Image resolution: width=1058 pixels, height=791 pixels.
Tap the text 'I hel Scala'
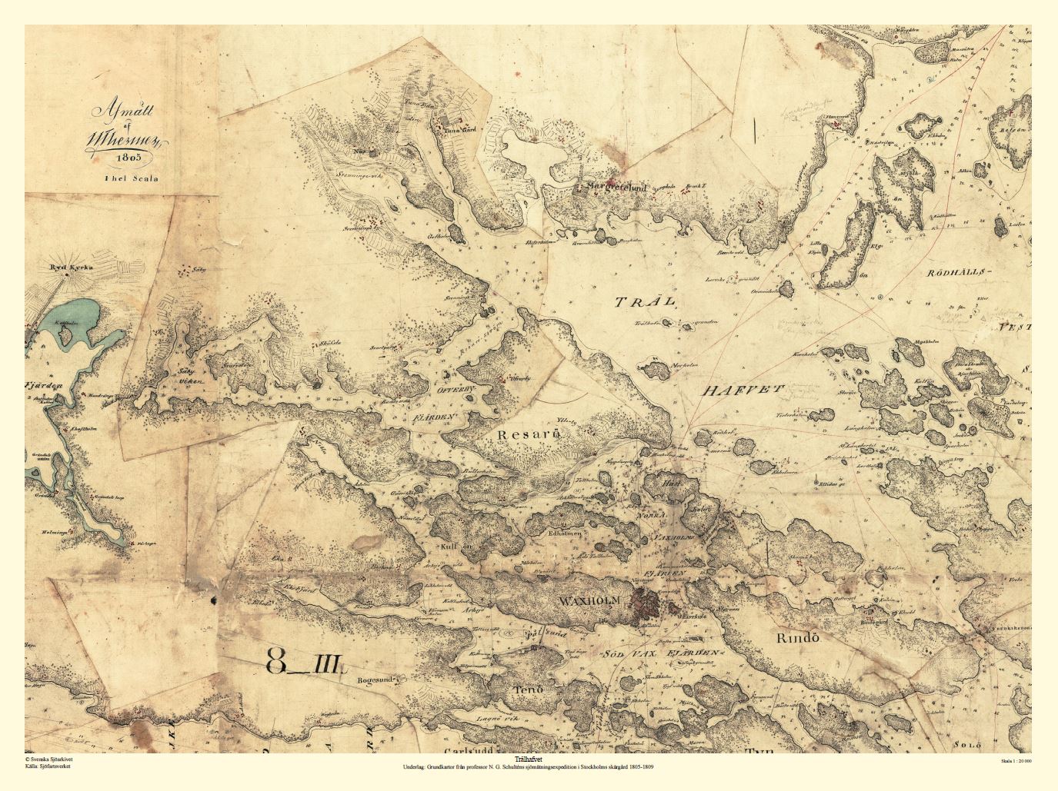point(131,178)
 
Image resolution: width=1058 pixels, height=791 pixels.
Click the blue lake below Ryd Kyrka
point(73,323)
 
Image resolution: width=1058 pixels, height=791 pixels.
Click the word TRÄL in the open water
point(645,302)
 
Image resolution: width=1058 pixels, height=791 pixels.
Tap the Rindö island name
point(795,637)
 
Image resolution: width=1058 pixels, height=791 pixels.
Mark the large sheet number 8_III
point(306,659)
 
